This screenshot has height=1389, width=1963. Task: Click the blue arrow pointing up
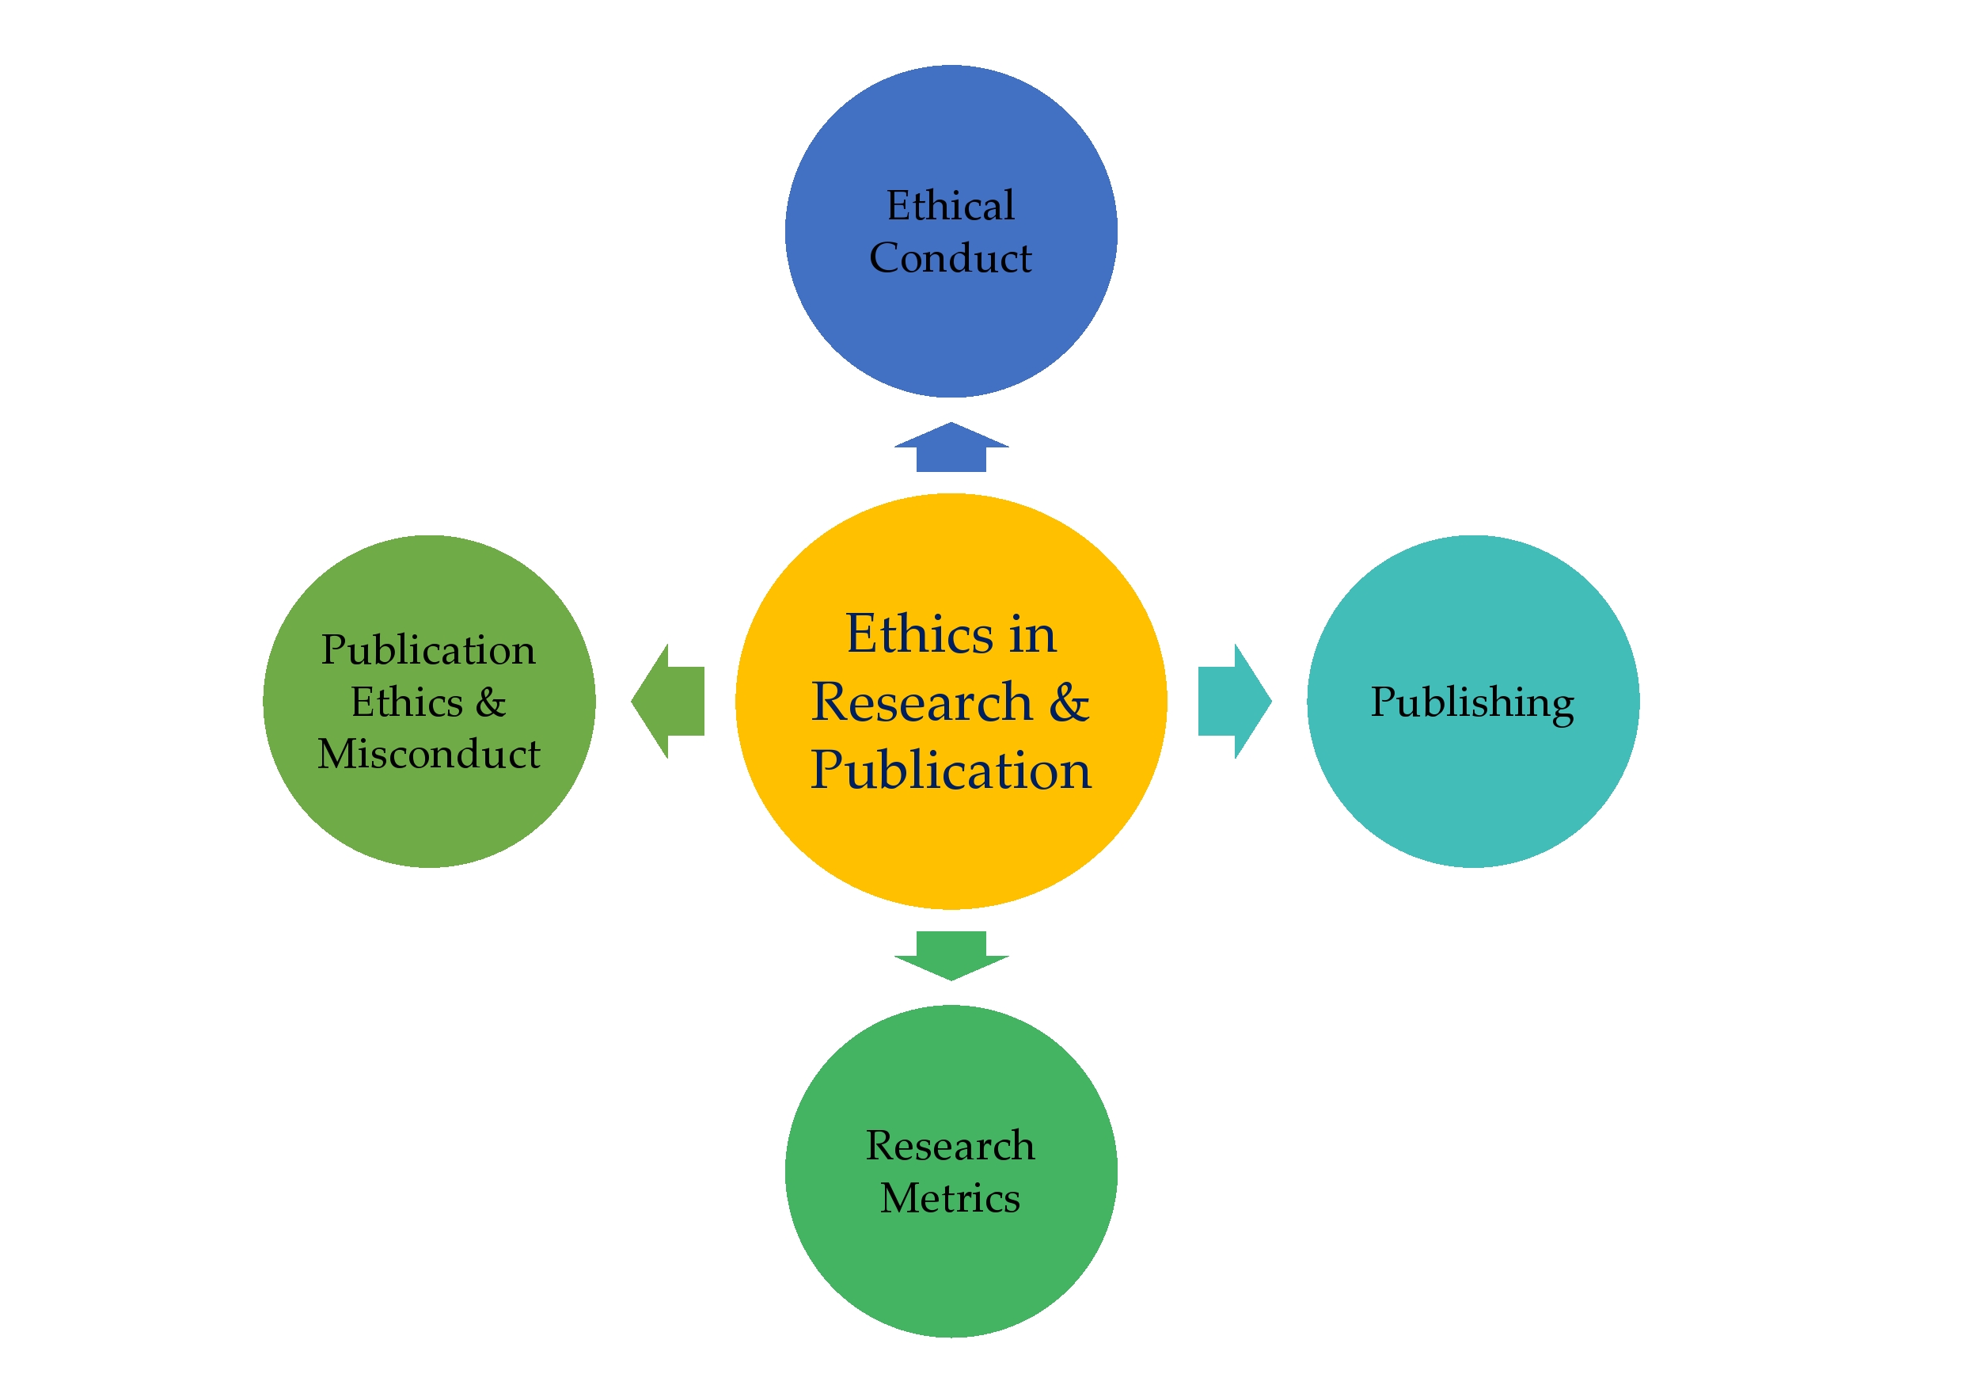pos(951,448)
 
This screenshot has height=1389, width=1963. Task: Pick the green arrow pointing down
pos(951,954)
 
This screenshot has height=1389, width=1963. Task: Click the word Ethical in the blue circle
pos(950,206)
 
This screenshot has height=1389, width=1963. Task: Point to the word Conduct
pos(950,258)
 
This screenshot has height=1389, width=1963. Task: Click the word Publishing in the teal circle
pos(1471,703)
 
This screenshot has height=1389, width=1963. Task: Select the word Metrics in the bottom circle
pos(950,1198)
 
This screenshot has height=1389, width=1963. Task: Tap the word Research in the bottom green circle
pos(950,1146)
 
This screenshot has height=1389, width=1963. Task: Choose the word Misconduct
pos(428,755)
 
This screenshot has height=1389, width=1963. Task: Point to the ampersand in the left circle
pos(491,702)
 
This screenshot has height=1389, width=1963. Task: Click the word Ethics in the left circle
pos(407,702)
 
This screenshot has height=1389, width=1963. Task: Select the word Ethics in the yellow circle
pos(919,634)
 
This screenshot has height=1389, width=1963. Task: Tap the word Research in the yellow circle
pos(921,703)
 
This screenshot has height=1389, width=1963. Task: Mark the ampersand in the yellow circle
pos(1069,703)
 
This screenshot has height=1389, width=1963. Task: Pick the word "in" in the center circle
pos(1033,635)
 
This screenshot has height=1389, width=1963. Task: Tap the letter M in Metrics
pos(900,1197)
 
